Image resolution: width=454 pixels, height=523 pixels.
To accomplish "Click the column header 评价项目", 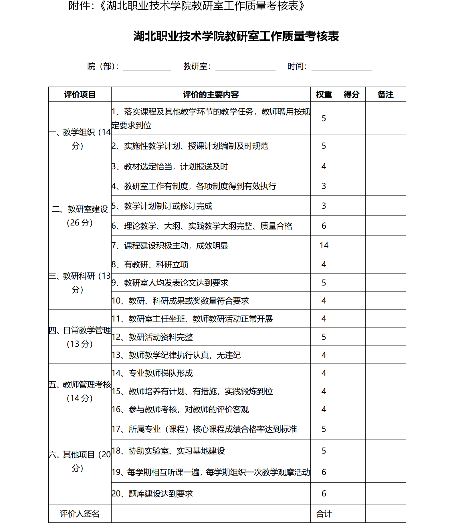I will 80,94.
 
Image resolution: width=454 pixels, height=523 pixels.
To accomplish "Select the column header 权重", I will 324,94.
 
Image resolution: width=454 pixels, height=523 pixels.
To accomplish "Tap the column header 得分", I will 351,94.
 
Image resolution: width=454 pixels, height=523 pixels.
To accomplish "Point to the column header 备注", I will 385,94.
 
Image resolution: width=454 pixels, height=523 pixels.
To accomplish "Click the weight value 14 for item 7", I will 324,245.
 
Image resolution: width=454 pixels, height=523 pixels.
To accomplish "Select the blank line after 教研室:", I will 245,67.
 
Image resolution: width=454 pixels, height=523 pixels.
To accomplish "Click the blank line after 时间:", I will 341,67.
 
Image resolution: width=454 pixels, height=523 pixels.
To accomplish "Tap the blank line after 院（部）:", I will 147,67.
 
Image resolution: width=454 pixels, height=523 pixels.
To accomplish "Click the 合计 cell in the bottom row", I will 324,514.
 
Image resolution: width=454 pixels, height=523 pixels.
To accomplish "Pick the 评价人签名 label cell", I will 80,514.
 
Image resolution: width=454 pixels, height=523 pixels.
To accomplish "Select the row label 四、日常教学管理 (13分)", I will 80,337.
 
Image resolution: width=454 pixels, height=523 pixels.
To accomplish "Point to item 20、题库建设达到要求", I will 152,494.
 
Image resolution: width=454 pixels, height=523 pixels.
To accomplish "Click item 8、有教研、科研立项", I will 150,265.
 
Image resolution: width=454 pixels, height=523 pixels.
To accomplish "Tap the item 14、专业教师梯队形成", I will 152,373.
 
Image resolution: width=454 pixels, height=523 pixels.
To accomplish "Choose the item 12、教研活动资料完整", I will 152,337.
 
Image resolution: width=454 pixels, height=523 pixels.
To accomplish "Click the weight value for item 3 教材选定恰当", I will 324,166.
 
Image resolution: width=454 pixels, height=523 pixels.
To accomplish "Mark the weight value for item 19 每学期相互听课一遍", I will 324,472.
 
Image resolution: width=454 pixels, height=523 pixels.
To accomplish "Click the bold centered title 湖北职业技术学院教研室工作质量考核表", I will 236,36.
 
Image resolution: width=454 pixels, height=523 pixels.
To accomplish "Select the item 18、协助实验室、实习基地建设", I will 168,451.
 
